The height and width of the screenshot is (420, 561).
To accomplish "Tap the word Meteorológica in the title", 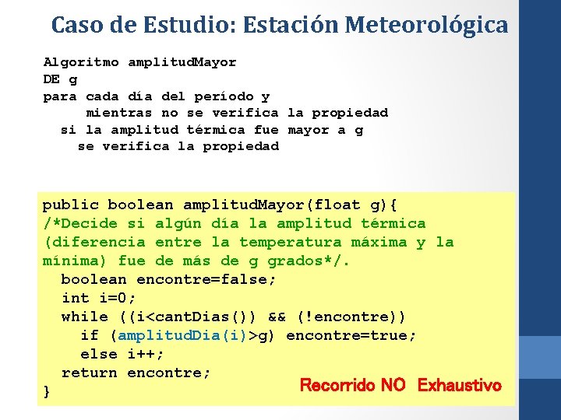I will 426,25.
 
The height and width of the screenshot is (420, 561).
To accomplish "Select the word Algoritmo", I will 81,62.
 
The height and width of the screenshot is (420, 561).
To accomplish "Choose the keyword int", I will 76,299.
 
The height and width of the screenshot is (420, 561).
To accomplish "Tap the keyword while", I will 85,317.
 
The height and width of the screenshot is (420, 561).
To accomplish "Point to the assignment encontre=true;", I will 351,336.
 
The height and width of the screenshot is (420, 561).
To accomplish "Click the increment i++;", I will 146,355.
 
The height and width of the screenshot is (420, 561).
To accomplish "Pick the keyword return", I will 90,373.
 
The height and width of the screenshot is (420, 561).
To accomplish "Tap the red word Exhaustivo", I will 460,386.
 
